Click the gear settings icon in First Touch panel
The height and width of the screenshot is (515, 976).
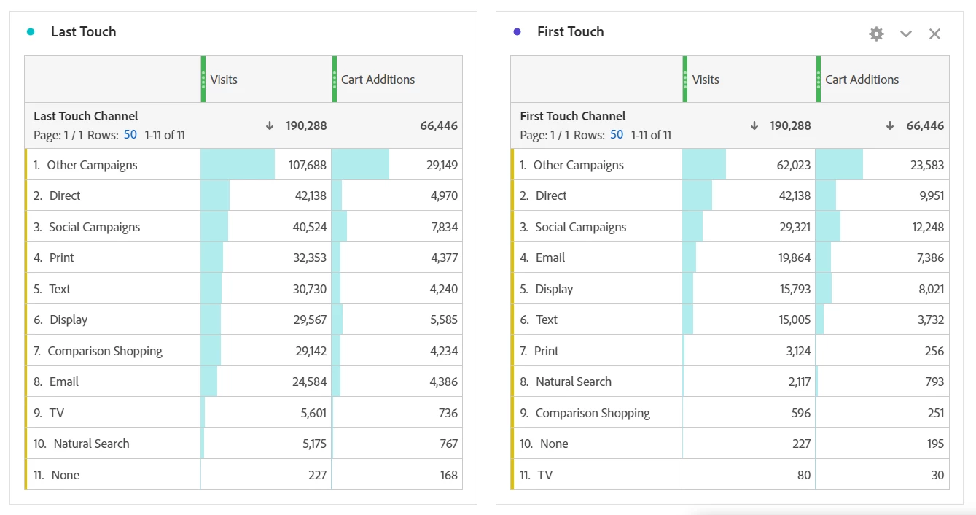point(876,34)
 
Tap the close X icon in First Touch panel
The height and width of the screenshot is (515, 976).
point(934,34)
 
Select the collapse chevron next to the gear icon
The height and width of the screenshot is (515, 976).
point(906,34)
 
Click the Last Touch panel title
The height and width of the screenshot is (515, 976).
point(83,31)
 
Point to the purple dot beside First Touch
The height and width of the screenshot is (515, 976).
point(517,31)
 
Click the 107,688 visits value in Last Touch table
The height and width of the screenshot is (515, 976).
point(308,165)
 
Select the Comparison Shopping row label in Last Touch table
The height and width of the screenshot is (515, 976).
point(105,351)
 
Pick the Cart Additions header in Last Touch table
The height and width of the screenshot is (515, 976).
point(378,80)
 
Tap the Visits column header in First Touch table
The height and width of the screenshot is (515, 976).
point(706,80)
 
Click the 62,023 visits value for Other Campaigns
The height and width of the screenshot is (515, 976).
point(793,165)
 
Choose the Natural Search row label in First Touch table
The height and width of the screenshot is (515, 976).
point(573,382)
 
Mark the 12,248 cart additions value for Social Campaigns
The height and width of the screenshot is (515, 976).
point(927,227)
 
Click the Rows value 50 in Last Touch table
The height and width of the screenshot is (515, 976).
point(130,135)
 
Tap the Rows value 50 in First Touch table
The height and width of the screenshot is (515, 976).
point(617,135)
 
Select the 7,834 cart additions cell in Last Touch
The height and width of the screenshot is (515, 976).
point(444,227)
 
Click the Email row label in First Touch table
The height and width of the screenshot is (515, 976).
point(550,257)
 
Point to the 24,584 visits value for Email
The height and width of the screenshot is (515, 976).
point(310,382)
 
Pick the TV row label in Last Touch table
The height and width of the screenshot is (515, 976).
point(57,413)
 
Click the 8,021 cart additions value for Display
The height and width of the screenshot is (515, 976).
point(930,289)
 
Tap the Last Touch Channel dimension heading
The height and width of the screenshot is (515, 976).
point(85,116)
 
